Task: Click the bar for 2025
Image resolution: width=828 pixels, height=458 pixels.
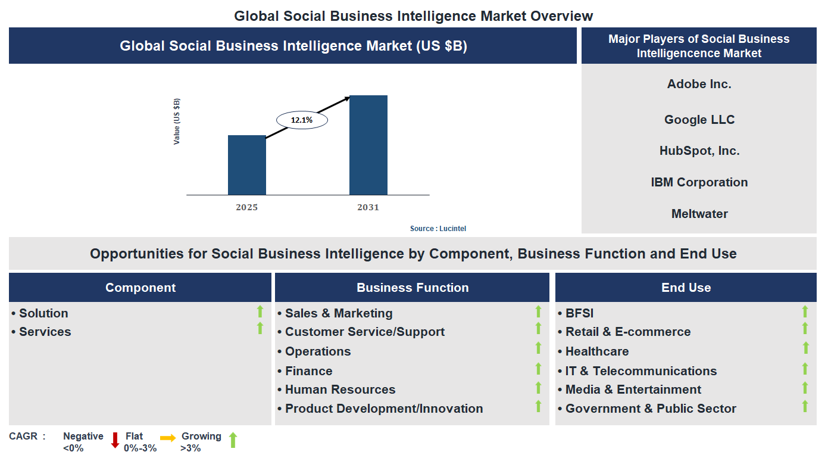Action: tap(246, 165)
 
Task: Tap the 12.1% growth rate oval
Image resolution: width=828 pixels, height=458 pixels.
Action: tap(302, 120)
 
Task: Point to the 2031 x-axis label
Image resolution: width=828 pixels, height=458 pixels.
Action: tap(368, 207)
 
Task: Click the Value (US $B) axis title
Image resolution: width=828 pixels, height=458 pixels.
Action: tap(177, 121)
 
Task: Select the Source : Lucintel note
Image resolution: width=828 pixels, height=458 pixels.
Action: tap(442, 229)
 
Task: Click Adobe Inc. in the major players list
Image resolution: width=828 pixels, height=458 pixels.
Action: tap(699, 84)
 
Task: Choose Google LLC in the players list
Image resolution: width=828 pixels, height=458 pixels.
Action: tap(699, 120)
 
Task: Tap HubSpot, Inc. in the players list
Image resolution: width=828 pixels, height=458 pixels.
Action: tap(699, 151)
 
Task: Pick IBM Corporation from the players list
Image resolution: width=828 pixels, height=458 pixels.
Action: tap(699, 182)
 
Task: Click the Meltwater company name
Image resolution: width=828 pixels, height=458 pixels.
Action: tap(699, 214)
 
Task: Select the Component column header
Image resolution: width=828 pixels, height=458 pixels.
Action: tap(140, 288)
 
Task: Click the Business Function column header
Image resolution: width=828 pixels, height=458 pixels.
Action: tap(413, 288)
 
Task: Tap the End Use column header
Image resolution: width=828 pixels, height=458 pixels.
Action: tap(686, 288)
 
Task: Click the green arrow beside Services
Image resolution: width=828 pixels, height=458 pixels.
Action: tap(260, 328)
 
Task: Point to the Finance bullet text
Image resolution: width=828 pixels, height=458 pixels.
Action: tap(308, 371)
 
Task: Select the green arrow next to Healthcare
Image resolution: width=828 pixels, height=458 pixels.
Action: tap(805, 348)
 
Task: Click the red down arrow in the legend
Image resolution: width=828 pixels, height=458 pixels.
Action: tap(115, 440)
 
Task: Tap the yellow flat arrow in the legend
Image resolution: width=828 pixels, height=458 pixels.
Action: tap(168, 438)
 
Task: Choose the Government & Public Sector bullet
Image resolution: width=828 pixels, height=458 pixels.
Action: tap(651, 409)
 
